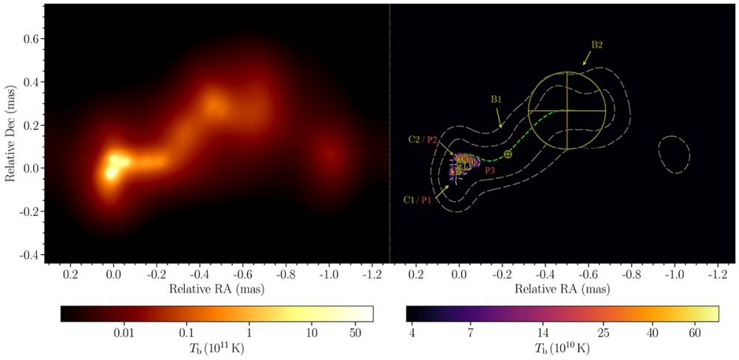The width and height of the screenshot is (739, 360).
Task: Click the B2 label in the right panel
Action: click(x=596, y=45)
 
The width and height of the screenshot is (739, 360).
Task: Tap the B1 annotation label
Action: click(x=497, y=98)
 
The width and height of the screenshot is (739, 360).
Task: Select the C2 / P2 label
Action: click(x=423, y=139)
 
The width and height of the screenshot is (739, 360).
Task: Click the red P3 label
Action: click(x=490, y=171)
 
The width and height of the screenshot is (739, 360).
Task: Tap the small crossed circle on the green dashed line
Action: click(x=508, y=154)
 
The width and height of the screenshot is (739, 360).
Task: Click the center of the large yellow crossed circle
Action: click(x=567, y=110)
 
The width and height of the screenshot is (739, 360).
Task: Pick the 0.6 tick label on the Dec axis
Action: click(x=27, y=40)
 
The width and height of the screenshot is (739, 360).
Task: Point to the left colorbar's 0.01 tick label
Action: click(x=123, y=332)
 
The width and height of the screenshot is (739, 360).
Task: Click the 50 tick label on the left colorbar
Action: click(x=356, y=332)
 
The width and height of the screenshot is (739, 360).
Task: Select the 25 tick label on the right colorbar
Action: click(x=603, y=332)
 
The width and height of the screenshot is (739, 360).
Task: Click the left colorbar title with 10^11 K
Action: click(x=217, y=348)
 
